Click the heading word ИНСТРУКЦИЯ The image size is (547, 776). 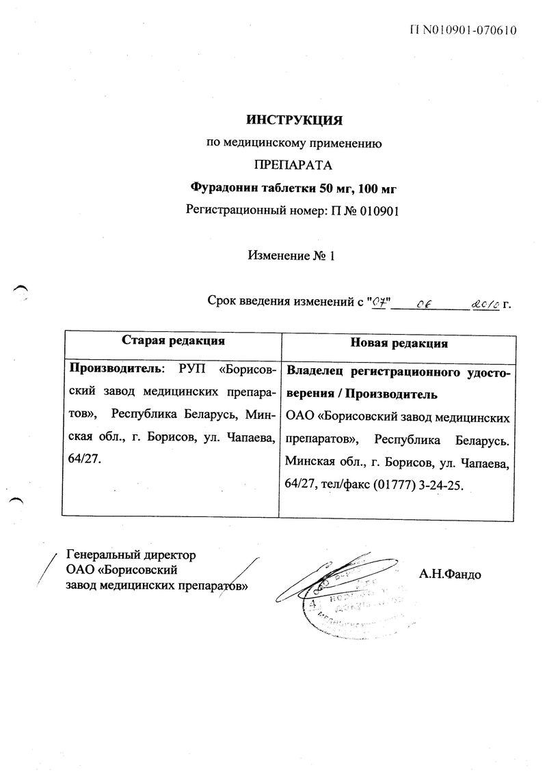coord(293,121)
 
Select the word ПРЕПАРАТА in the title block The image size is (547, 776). coord(293,165)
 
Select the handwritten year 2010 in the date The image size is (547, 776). coord(485,301)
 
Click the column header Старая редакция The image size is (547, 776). coord(174,340)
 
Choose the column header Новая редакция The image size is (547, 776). coord(399,342)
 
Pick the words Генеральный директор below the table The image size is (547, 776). coord(131,555)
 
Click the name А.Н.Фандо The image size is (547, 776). coord(451,574)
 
